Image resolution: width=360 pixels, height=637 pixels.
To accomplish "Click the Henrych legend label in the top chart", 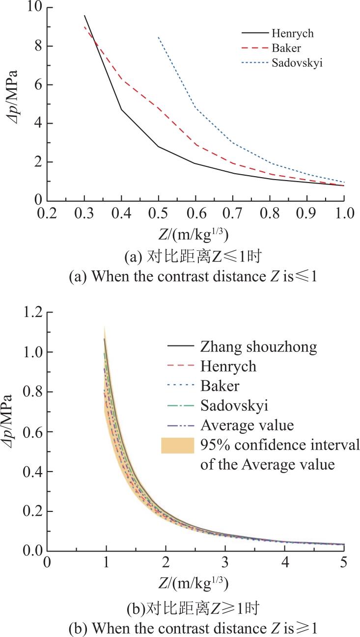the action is point(293,33).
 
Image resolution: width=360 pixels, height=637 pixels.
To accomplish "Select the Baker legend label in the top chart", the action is point(286,48).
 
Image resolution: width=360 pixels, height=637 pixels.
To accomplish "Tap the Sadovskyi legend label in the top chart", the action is point(297,62).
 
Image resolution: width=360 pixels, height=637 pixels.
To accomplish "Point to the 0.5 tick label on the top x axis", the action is point(158,213).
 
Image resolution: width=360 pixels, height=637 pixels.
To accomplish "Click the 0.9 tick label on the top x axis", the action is point(306,213).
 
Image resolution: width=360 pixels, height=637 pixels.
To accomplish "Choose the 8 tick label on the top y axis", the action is point(39,46).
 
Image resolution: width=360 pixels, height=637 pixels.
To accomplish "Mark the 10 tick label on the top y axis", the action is point(34,6).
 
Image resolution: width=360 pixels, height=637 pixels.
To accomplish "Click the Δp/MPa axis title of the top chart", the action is point(12,96).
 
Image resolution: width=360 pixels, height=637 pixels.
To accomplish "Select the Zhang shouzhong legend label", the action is point(258,347).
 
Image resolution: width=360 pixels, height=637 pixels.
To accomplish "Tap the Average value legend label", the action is point(247,425).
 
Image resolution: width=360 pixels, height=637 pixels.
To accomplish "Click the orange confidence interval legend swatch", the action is point(178,445).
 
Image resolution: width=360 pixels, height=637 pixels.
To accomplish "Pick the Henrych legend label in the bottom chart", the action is point(228,366).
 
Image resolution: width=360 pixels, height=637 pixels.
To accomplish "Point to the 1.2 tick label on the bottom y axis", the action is point(33,312).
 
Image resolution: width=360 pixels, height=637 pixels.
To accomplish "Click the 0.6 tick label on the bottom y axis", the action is point(33,432).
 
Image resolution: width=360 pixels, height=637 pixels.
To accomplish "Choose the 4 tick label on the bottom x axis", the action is point(285,562).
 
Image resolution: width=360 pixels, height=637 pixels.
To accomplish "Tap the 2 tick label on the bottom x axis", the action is point(166,562).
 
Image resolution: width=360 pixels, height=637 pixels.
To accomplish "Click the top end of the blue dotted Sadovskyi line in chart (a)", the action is point(158,37).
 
